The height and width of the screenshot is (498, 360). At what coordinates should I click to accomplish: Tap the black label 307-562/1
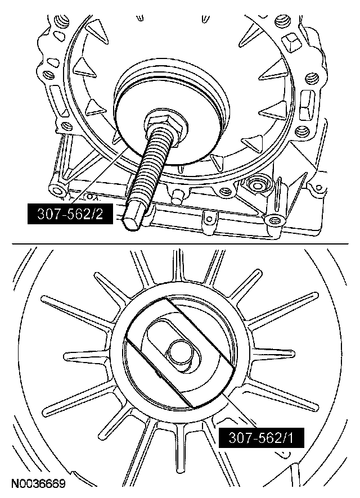point(261,438)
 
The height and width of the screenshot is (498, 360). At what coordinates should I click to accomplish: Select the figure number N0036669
point(38,484)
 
